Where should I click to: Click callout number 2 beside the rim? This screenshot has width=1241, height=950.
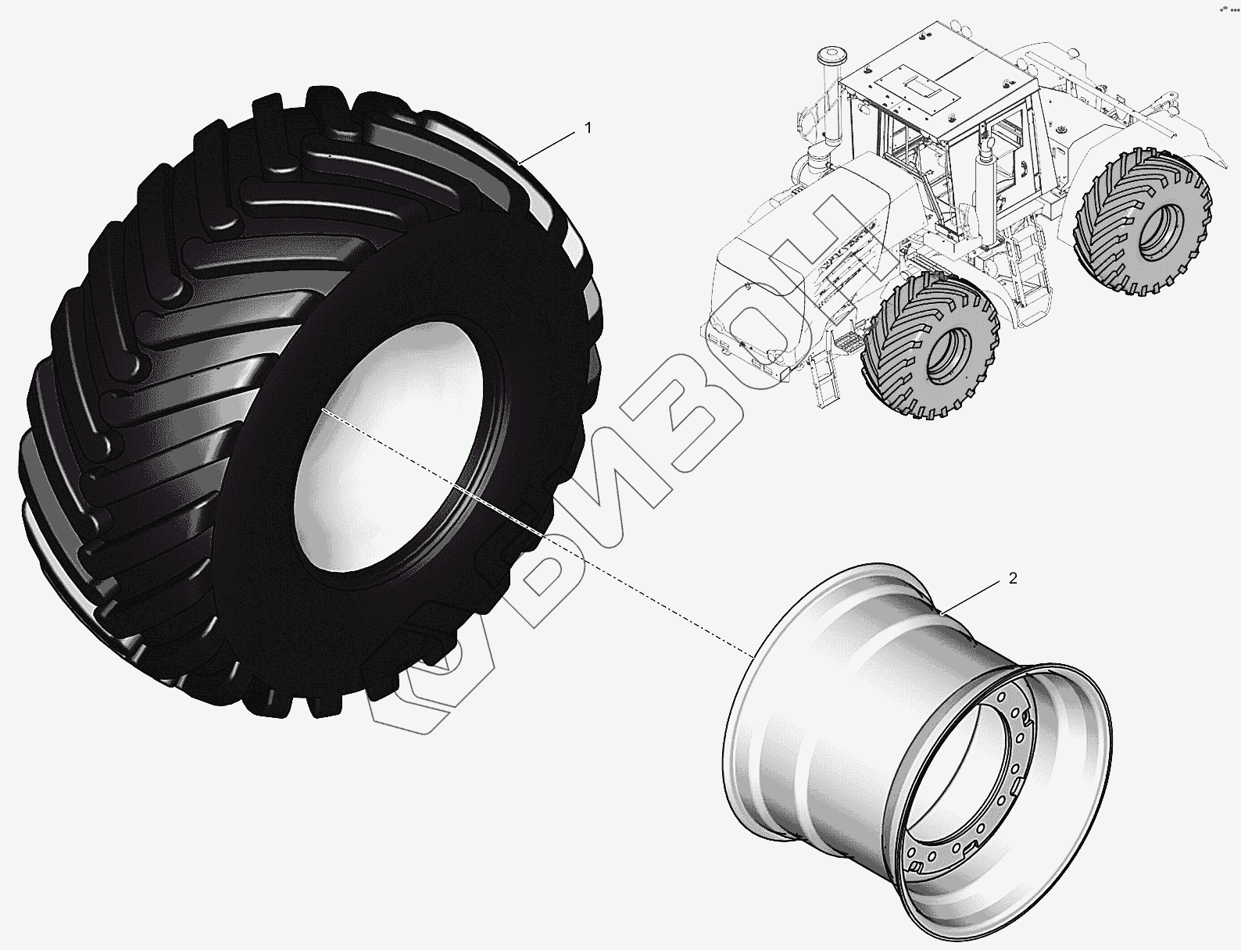click(1013, 579)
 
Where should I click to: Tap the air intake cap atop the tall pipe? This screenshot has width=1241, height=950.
click(828, 56)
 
